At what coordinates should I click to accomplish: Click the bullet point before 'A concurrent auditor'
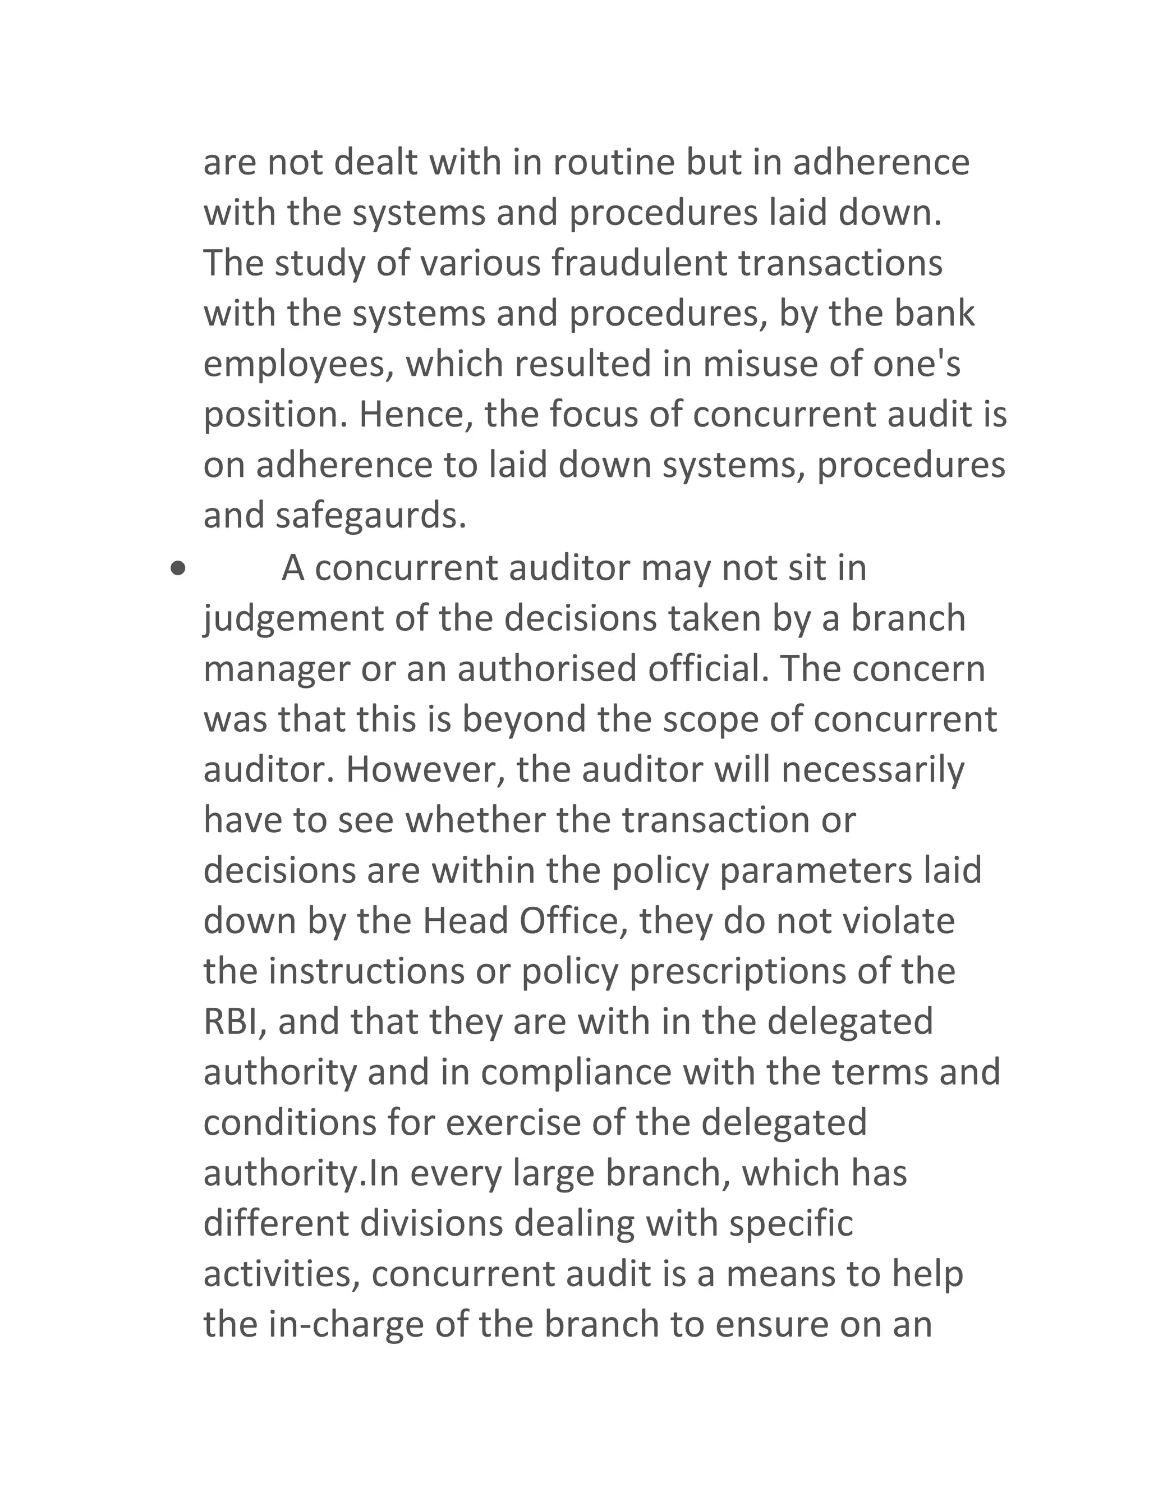[178, 568]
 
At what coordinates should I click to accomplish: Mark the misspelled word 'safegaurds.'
[371, 516]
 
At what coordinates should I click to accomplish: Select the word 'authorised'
[546, 669]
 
